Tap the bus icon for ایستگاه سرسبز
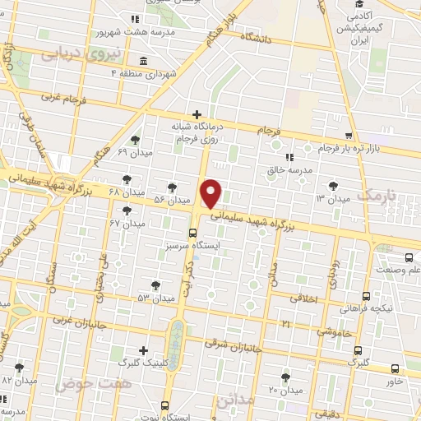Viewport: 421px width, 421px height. tap(192, 233)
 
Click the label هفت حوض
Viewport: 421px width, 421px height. tap(81, 383)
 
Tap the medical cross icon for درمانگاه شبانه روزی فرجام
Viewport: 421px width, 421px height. tap(197, 113)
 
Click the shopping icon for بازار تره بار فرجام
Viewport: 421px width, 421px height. tap(349, 135)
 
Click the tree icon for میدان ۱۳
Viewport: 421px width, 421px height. tap(333, 187)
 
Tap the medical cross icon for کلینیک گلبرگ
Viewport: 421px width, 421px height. tap(145, 349)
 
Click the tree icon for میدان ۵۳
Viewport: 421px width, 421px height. tap(155, 285)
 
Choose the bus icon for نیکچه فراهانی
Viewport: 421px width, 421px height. tap(366, 296)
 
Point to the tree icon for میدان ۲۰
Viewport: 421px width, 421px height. tap(285, 377)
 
